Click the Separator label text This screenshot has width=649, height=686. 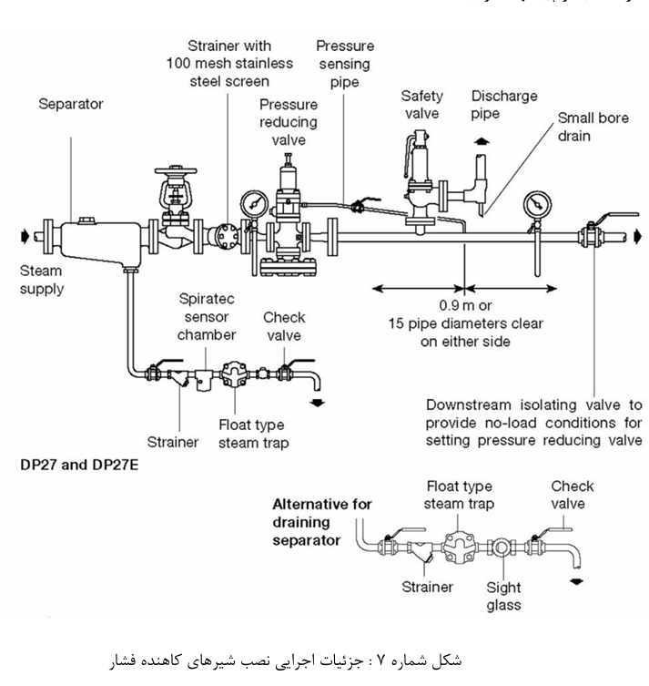pos(70,104)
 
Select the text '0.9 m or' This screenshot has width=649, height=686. pos(464,306)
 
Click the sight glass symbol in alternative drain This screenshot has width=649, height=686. pos(502,548)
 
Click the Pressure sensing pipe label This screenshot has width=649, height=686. pos(345,63)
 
